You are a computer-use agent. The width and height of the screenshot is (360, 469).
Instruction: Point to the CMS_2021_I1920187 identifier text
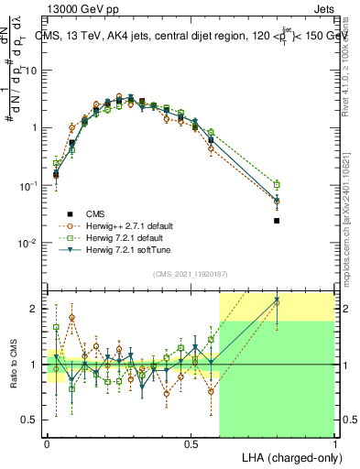click(x=190, y=274)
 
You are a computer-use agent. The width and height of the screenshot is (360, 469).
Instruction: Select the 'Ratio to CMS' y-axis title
click(x=12, y=365)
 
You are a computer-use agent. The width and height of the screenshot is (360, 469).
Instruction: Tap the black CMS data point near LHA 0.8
click(x=278, y=221)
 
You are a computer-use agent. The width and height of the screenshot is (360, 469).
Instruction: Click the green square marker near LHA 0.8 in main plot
click(x=278, y=184)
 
